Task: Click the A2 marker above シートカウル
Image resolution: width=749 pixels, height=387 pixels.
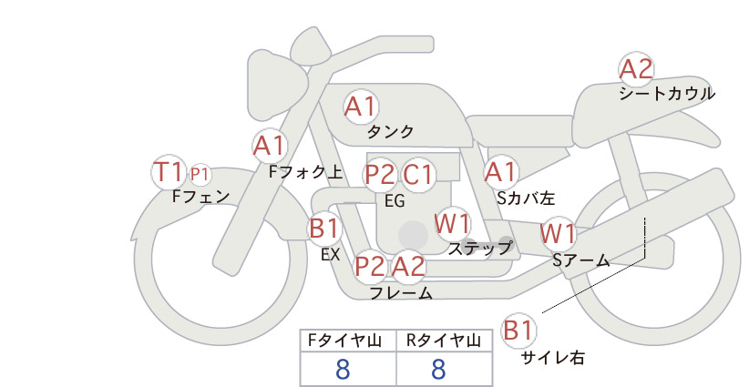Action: click(636, 69)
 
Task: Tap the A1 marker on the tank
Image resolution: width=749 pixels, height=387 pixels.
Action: click(361, 107)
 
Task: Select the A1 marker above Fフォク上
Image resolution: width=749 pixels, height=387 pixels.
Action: click(270, 146)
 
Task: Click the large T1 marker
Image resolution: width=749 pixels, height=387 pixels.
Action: click(169, 172)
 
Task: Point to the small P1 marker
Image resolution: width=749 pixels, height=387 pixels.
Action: click(200, 175)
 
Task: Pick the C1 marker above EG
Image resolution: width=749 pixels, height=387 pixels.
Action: click(418, 174)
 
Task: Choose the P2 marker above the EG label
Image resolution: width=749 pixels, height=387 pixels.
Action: click(380, 174)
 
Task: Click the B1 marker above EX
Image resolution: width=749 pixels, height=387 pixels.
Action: click(324, 228)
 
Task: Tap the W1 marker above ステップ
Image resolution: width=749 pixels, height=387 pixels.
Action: click(452, 223)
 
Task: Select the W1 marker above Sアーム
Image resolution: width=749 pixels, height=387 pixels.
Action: click(558, 234)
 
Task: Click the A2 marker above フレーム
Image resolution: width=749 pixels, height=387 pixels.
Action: click(408, 266)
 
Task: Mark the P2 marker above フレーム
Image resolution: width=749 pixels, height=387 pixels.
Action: click(371, 266)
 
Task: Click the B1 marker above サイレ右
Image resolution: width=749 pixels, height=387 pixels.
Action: click(518, 330)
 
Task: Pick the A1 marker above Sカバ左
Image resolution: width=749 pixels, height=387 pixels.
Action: click(500, 172)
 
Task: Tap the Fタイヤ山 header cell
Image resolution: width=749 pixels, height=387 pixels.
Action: click(348, 341)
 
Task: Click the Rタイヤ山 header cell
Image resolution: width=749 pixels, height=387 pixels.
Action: click(445, 341)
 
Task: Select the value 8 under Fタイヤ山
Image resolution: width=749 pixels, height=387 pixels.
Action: click(343, 369)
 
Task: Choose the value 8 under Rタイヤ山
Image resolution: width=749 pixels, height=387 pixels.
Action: click(438, 369)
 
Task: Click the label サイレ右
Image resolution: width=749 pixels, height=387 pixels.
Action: click(553, 358)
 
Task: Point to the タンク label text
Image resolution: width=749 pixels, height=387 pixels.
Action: click(390, 132)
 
